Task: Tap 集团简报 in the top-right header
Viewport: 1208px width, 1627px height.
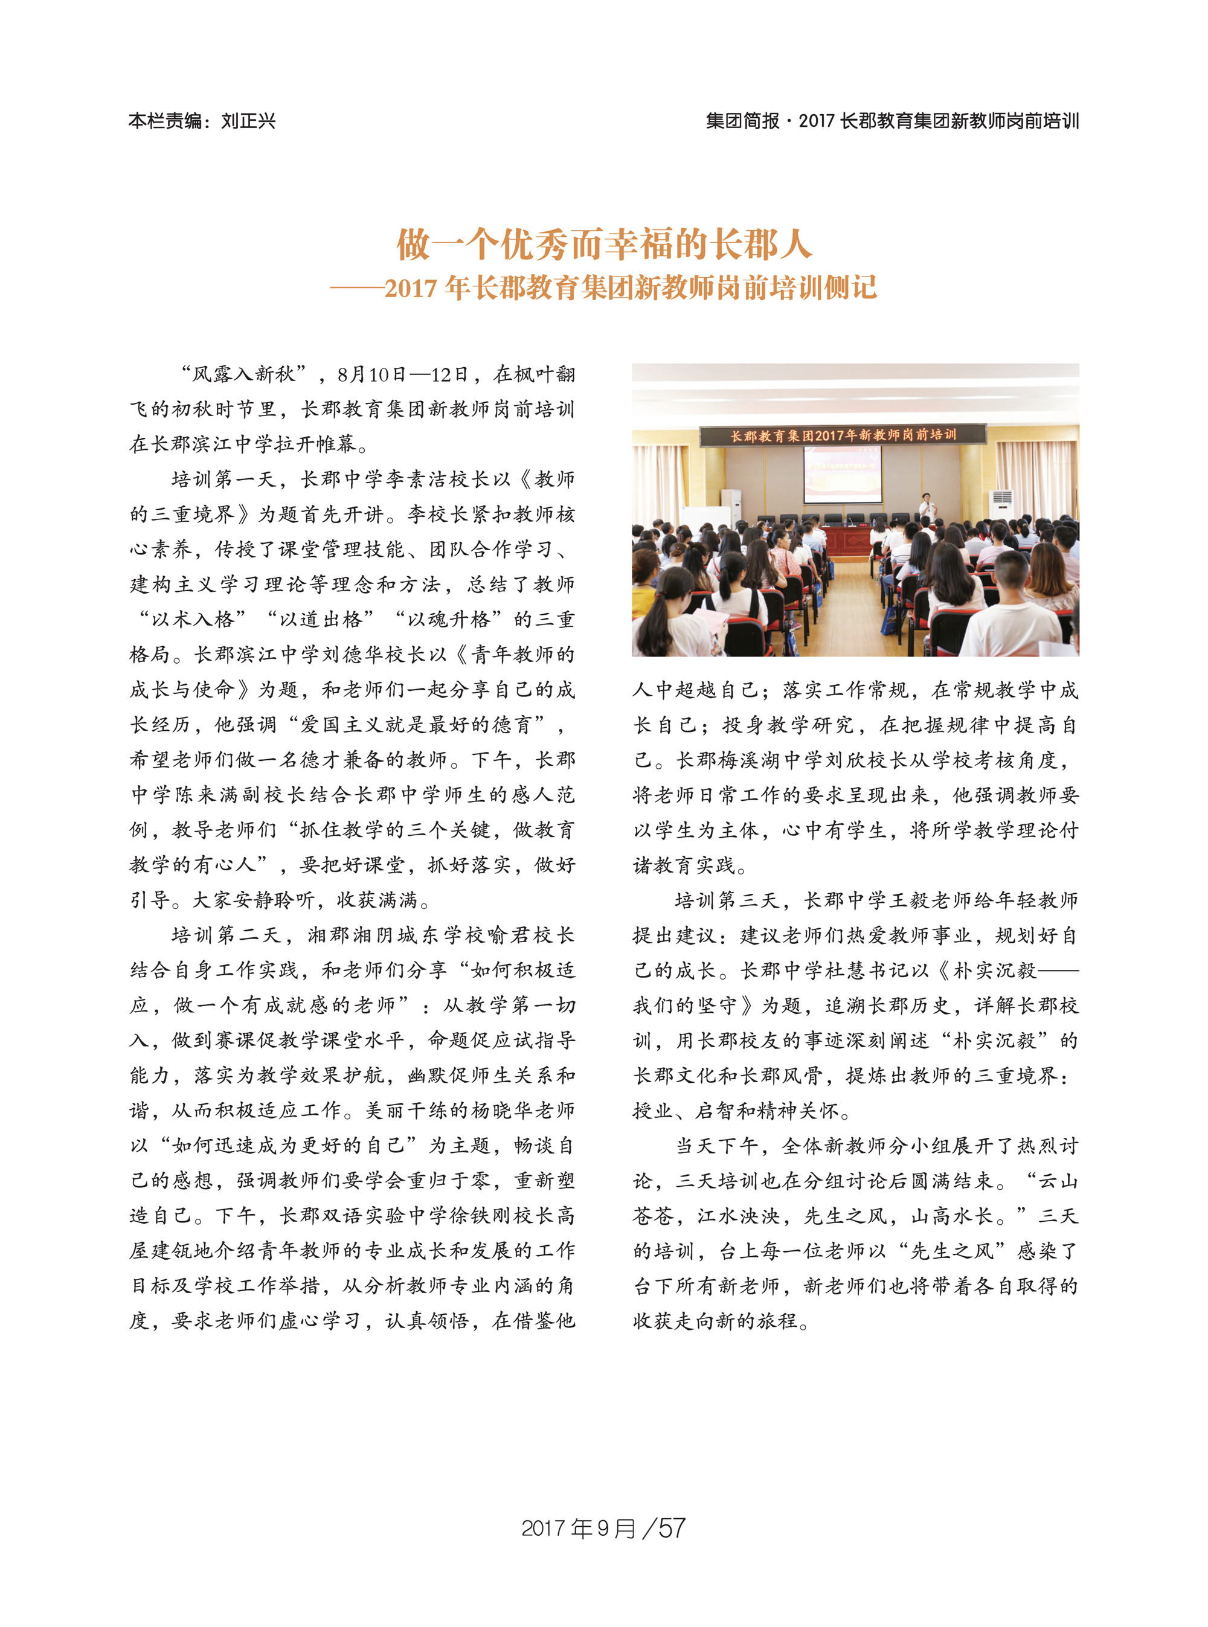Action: pos(742,121)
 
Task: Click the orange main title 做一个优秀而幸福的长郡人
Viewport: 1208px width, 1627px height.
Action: pos(604,244)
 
